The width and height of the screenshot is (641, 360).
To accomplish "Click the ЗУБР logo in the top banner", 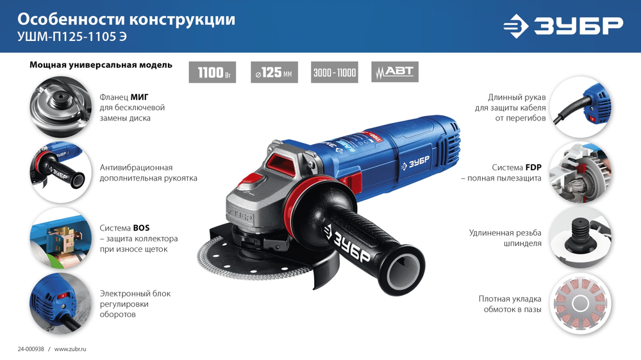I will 562,26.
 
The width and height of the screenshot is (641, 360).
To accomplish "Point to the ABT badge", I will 395,72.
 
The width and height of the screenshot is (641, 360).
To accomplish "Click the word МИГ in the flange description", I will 140,97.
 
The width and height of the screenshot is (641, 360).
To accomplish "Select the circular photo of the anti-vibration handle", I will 56,168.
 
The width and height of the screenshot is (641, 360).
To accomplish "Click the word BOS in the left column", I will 142,227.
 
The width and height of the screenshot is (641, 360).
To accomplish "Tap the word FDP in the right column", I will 533,167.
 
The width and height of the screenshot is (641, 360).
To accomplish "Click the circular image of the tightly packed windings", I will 580,302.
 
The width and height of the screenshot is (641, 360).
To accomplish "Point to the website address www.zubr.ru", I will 70,348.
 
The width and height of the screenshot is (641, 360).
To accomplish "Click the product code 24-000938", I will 30,348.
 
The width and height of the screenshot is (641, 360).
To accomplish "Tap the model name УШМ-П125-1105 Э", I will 72,37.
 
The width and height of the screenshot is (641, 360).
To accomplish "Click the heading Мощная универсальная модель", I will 101,65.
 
